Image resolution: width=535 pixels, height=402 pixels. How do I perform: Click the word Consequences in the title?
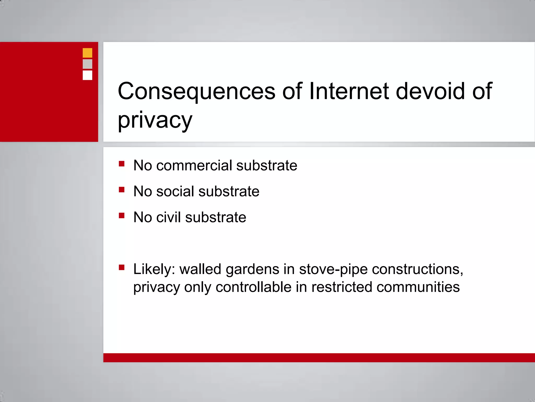pyautogui.click(x=196, y=91)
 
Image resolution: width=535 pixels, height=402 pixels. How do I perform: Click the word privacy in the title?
pyautogui.click(x=155, y=120)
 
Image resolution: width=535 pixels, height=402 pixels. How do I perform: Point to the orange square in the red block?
pyautogui.click(x=87, y=53)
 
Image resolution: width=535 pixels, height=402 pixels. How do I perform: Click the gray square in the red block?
pyautogui.click(x=87, y=64)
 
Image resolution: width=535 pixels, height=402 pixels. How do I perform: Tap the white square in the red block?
pyautogui.click(x=87, y=75)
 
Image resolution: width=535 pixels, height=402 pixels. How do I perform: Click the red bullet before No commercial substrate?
pyautogui.click(x=121, y=164)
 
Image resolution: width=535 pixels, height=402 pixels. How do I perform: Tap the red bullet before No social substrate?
pyautogui.click(x=121, y=189)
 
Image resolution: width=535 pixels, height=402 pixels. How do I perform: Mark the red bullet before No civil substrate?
pyautogui.click(x=121, y=215)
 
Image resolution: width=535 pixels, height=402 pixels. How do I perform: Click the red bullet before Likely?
pyautogui.click(x=121, y=267)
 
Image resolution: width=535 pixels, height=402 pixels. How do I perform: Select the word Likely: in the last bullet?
pyautogui.click(x=154, y=269)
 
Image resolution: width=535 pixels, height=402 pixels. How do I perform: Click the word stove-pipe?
pyautogui.click(x=333, y=270)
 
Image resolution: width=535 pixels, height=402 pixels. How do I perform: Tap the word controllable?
pyautogui.click(x=253, y=287)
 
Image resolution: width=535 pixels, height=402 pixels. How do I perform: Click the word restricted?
pyautogui.click(x=342, y=287)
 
